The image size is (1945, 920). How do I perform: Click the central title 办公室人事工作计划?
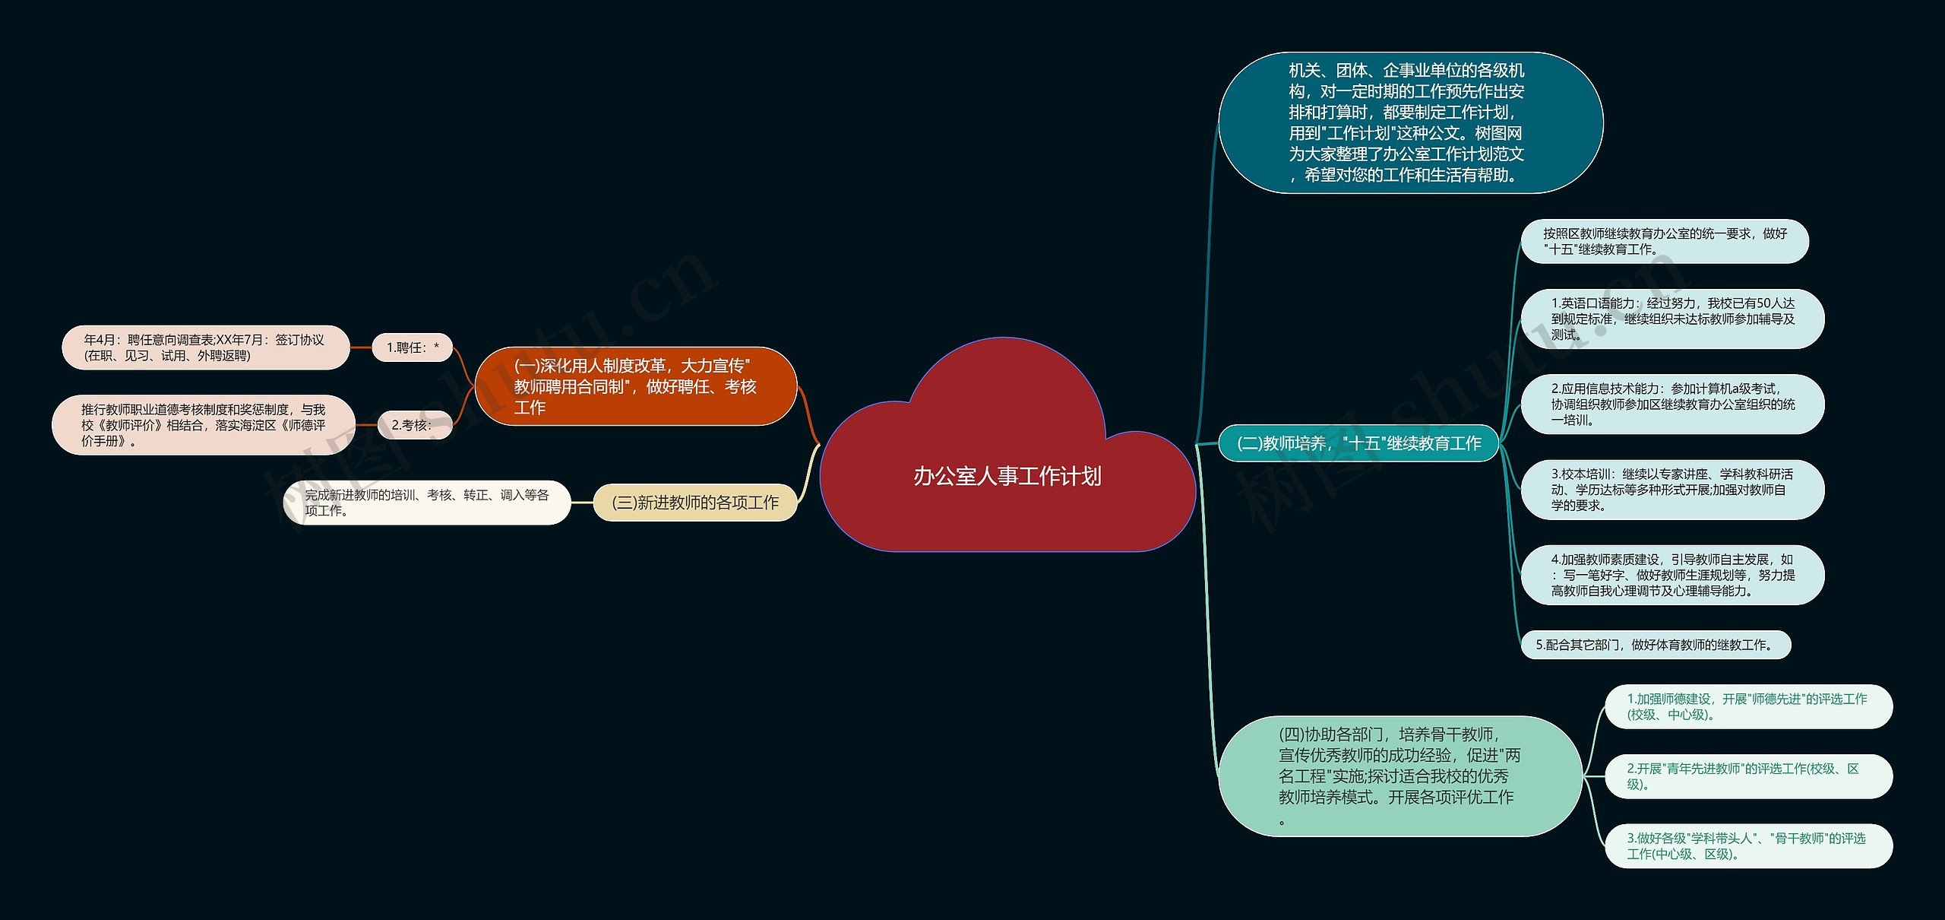[1007, 476]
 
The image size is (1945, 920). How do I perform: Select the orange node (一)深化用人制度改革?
[635, 386]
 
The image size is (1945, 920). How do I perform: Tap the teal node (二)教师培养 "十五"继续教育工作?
[1358, 443]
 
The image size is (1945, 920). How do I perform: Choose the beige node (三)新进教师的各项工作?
[694, 503]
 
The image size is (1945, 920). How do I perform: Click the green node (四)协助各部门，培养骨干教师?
[1399, 776]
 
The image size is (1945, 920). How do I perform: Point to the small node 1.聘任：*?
[412, 347]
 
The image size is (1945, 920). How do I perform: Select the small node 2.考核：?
[414, 425]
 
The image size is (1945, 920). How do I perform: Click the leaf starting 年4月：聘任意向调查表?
[205, 347]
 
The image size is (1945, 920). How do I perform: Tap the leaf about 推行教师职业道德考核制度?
[203, 425]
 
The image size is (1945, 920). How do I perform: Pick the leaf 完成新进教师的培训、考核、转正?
[426, 503]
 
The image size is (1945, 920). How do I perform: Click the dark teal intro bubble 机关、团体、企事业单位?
[1410, 122]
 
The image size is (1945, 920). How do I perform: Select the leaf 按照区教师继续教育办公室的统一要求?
[1664, 242]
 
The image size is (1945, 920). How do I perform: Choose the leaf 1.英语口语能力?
[1671, 319]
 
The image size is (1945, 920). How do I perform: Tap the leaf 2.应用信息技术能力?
[1671, 404]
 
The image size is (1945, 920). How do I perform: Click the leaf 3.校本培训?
[1671, 490]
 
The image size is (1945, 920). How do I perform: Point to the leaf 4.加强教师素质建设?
[1671, 575]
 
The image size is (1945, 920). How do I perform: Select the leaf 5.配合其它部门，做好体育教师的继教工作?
[1655, 645]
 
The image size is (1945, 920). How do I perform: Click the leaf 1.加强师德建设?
[1747, 706]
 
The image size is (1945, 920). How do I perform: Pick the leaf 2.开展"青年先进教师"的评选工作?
[1747, 776]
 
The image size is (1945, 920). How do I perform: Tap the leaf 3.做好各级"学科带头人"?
[1747, 845]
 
